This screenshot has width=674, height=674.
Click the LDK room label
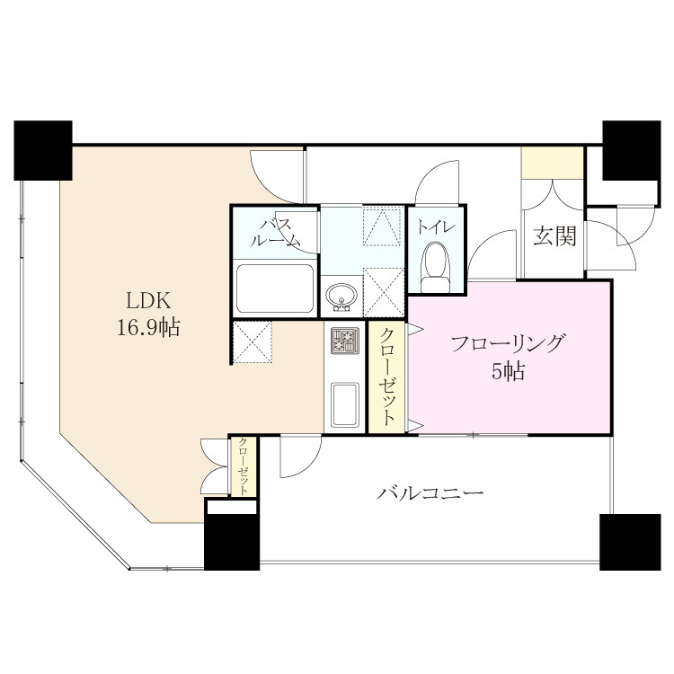[148, 301]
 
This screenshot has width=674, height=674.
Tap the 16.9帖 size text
[148, 327]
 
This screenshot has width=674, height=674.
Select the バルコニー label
[430, 492]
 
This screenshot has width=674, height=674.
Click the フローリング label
[507, 343]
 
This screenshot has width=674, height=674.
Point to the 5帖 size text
[508, 371]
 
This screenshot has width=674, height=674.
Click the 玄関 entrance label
[554, 236]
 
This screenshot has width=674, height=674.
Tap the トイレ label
[436, 227]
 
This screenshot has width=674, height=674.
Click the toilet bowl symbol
[436, 268]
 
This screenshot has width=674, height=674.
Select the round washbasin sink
[341, 297]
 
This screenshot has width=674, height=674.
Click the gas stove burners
[345, 341]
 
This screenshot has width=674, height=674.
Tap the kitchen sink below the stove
[345, 405]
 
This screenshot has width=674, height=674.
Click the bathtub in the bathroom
[275, 288]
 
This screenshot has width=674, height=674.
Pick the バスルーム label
[274, 233]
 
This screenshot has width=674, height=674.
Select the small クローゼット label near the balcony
[244, 466]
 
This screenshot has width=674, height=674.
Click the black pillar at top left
[43, 150]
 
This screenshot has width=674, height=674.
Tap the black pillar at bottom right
[630, 542]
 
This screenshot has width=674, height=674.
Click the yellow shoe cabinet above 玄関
[553, 162]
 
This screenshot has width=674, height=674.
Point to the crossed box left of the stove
[252, 342]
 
